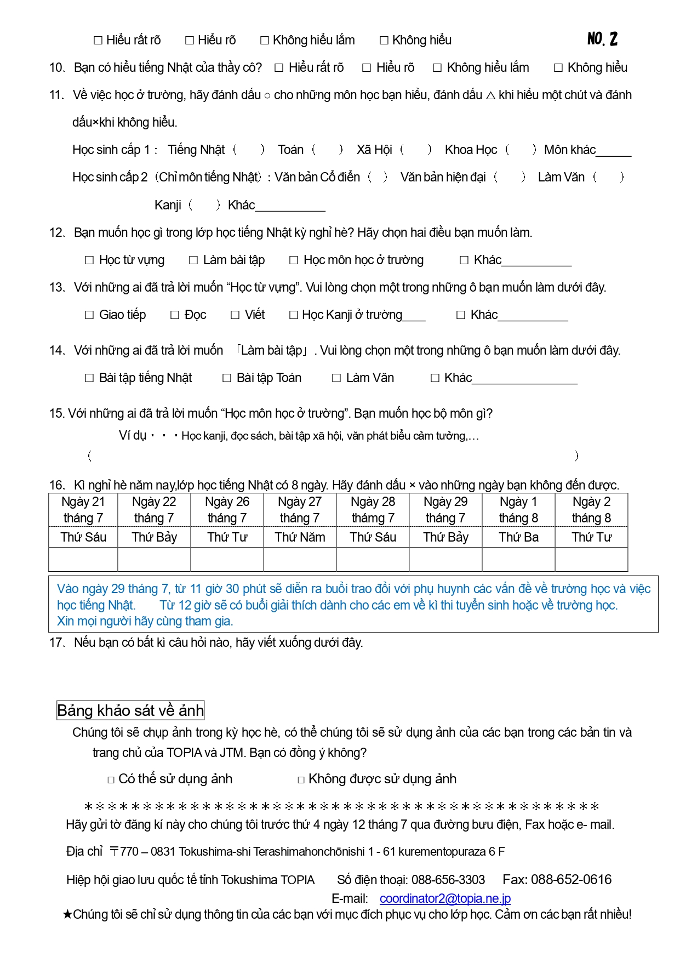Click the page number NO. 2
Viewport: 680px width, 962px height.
602,39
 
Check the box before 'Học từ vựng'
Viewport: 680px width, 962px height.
89,260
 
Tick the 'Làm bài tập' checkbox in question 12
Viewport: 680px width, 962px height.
193,260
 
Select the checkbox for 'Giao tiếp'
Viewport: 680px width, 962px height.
89,315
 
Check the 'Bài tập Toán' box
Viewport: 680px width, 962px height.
227,378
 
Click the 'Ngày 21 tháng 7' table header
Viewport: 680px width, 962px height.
83,510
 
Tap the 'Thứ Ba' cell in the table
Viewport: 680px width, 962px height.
518,537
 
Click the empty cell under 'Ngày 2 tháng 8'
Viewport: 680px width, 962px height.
591,560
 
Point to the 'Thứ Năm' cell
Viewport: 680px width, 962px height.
300,537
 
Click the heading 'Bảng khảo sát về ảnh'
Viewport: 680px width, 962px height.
130,710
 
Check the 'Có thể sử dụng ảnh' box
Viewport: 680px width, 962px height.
111,780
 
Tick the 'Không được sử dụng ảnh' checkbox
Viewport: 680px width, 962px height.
301,780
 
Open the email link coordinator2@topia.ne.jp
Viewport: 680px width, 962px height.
445,898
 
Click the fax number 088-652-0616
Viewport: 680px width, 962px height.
571,880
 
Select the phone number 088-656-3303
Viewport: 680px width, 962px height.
448,880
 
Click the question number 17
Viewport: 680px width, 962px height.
56,642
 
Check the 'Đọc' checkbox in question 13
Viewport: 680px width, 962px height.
175,315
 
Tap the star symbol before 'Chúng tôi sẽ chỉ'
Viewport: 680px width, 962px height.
67,914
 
